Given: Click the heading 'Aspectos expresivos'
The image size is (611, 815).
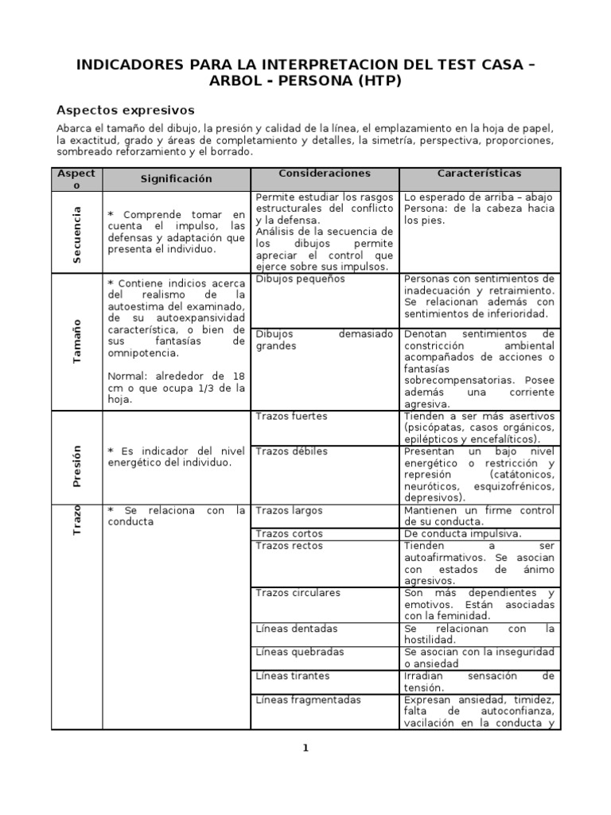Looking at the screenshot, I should [126, 110].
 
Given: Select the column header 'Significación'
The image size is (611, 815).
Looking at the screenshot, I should [177, 179].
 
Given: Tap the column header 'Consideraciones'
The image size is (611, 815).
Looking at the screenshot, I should [325, 174].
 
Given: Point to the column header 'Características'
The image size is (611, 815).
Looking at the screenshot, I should [479, 174].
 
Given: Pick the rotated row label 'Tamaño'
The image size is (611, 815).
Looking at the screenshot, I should [77, 341].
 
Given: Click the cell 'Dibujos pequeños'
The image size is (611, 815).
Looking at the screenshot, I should [300, 279].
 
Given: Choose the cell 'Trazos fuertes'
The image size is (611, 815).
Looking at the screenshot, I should [291, 416].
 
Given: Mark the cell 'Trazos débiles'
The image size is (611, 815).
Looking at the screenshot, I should [291, 451].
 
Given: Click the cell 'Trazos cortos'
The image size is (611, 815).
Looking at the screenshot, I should [289, 534].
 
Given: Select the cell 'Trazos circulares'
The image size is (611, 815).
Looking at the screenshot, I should [298, 593].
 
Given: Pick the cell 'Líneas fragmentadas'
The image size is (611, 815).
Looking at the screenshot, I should [308, 700].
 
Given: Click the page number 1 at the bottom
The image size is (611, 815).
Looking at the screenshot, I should [305, 747].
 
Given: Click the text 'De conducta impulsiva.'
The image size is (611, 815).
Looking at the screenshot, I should [462, 534].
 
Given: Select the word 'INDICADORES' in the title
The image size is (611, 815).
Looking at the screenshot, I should [128, 64].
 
